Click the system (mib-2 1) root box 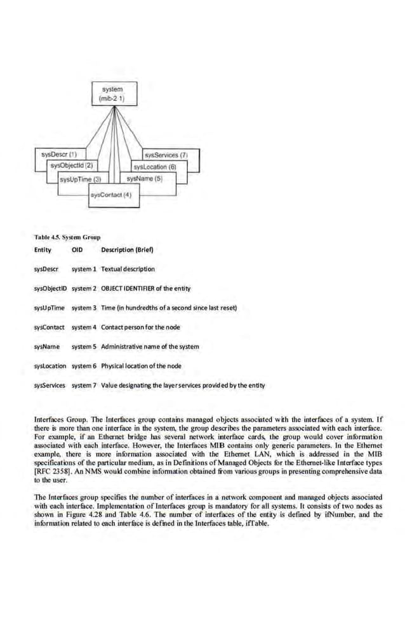point(112,94)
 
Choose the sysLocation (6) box point(150,166)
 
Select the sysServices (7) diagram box point(164,154)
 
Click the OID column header point(78,249)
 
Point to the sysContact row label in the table point(50,327)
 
